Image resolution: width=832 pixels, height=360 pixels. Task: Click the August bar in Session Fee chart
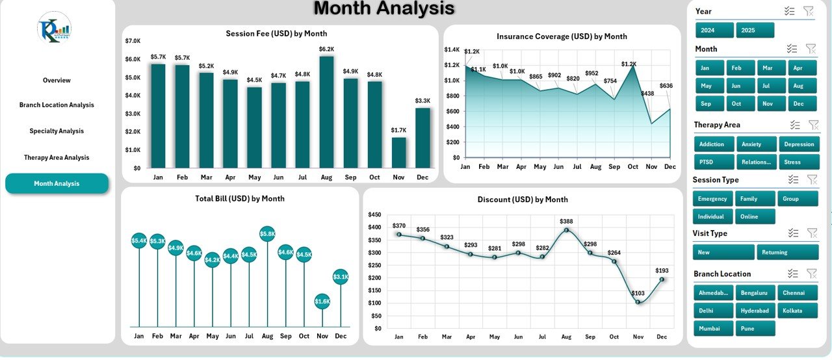pyautogui.click(x=326, y=112)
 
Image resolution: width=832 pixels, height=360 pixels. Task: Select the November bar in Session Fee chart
pyautogui.click(x=399, y=152)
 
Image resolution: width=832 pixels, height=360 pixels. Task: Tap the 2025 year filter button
pyautogui.click(x=755, y=31)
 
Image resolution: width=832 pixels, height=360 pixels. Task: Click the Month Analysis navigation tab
pyautogui.click(x=57, y=184)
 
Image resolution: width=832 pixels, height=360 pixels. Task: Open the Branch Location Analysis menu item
pyautogui.click(x=57, y=105)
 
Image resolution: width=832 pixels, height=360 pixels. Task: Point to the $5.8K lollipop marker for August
pyautogui.click(x=267, y=233)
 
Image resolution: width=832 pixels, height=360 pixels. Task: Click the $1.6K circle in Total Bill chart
pyautogui.click(x=322, y=301)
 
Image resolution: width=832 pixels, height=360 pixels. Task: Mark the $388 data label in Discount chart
pyautogui.click(x=566, y=222)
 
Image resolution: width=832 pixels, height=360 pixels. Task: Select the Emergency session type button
pyautogui.click(x=713, y=199)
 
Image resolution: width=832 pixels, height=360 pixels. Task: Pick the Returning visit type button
pyautogui.click(x=787, y=252)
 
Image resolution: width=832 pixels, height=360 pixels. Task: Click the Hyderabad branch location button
pyautogui.click(x=755, y=311)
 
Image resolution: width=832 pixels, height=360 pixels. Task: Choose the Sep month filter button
pyautogui.click(x=714, y=104)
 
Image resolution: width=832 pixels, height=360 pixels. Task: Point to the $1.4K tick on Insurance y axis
pyautogui.click(x=452, y=50)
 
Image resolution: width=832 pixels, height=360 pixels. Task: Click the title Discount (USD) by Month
pyautogui.click(x=522, y=199)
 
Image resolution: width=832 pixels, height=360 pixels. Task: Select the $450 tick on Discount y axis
pyautogui.click(x=374, y=214)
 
